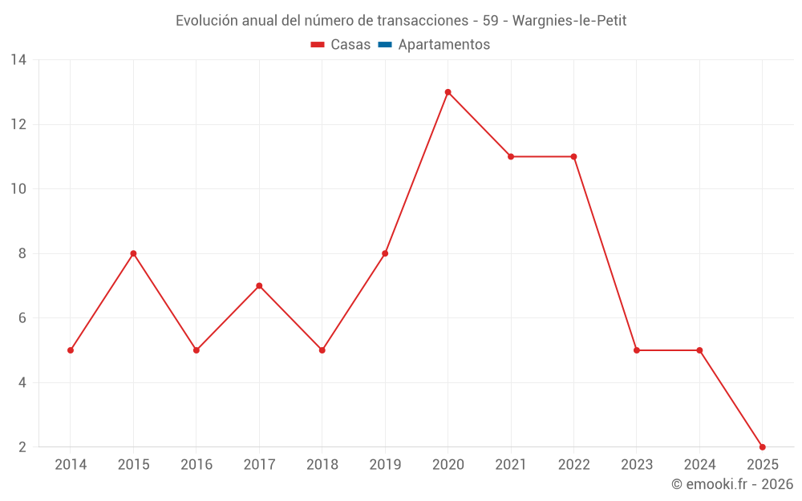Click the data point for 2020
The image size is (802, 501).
tap(448, 92)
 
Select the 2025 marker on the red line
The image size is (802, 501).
tap(762, 446)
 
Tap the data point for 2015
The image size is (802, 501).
tap(133, 253)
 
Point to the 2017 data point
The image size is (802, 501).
tap(259, 285)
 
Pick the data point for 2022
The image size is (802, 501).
tap(573, 156)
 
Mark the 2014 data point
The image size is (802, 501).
tap(71, 350)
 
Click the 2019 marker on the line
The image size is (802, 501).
tap(385, 253)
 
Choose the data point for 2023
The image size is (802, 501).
tap(637, 350)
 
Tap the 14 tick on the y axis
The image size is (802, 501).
tap(18, 60)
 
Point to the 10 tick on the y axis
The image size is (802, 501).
tap(18, 189)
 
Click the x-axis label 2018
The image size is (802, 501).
tap(322, 465)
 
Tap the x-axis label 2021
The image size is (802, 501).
tap(511, 465)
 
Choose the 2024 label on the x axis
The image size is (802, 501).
tap(699, 465)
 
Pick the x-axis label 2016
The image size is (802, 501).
tap(196, 465)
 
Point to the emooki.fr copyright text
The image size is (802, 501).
tap(732, 484)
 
